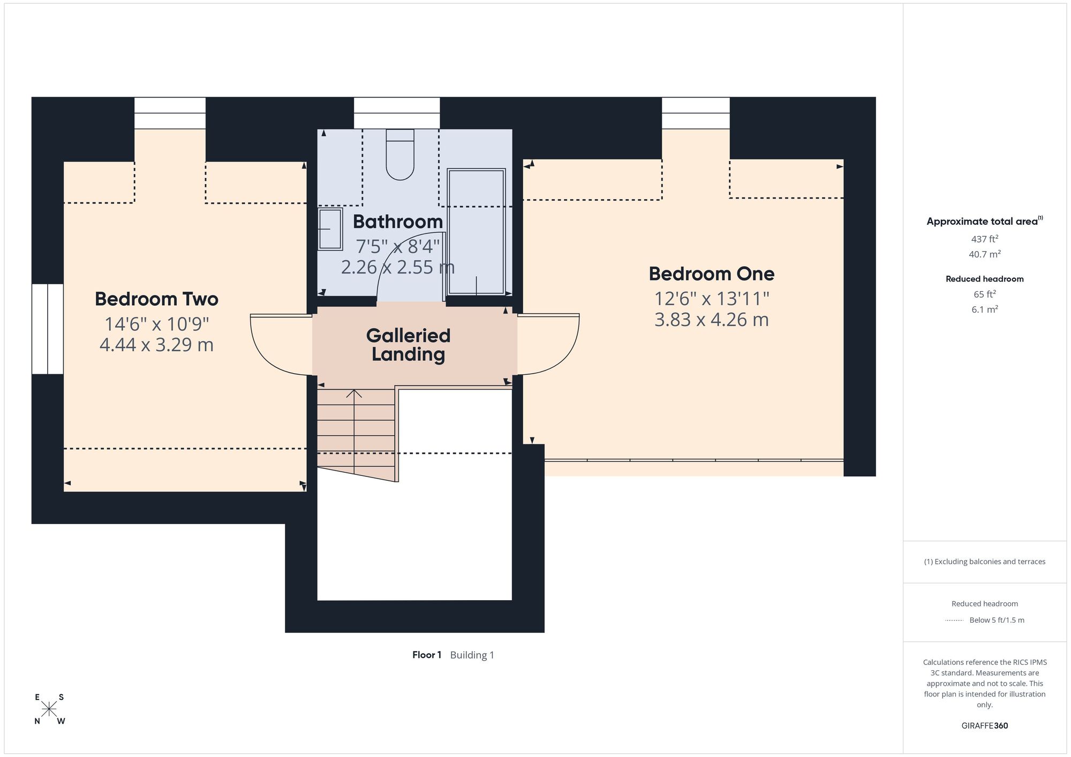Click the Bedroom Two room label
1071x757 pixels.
(x=156, y=299)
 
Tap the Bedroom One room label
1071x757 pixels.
(x=711, y=274)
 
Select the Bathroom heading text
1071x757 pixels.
(x=397, y=222)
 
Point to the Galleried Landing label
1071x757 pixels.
(x=408, y=345)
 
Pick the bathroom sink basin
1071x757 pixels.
(x=330, y=229)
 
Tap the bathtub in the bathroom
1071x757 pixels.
(x=476, y=232)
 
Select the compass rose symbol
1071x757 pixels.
(x=49, y=709)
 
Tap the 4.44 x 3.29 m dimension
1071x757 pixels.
(x=156, y=345)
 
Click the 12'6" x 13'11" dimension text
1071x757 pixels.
(x=712, y=299)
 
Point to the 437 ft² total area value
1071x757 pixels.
(x=984, y=239)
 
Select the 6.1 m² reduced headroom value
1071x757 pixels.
(x=984, y=309)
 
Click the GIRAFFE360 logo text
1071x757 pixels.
(x=984, y=726)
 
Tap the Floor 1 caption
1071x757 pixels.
(x=427, y=655)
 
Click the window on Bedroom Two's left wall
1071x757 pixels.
(x=48, y=329)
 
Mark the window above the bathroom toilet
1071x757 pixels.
(x=397, y=113)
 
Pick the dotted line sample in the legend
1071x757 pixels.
(x=954, y=620)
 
